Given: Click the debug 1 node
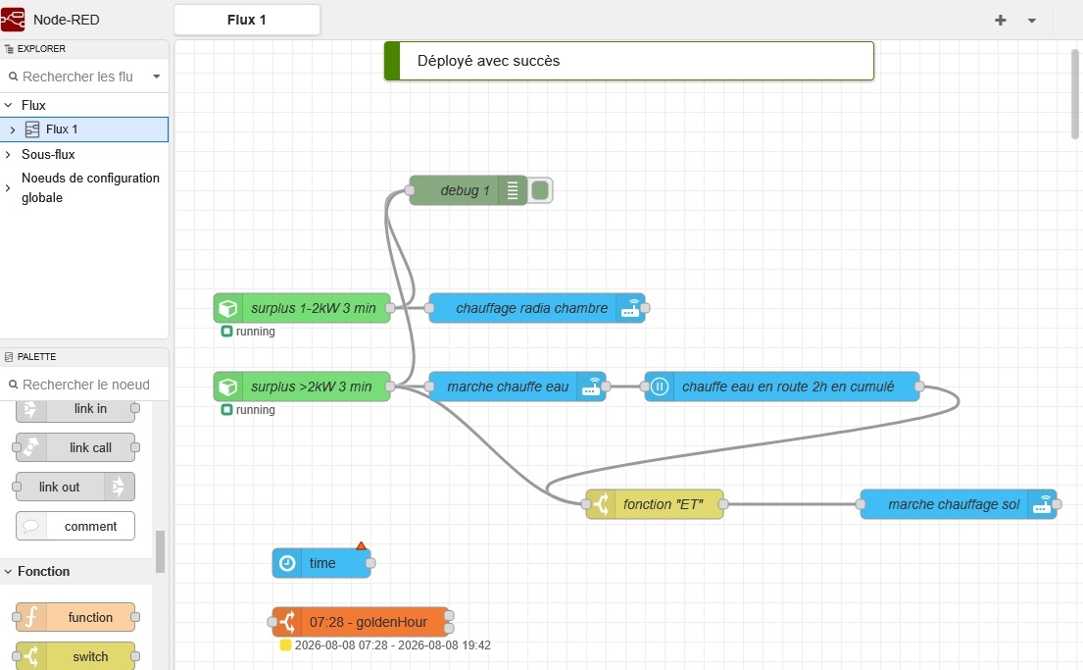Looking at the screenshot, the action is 468,190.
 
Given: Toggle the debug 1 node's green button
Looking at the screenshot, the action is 541,190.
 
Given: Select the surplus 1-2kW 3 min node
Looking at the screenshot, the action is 302,308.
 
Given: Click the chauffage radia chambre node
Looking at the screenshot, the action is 537,308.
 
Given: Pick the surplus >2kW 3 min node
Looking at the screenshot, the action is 302,387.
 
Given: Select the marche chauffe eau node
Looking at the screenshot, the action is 517,387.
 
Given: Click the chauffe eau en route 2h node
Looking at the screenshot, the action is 782,387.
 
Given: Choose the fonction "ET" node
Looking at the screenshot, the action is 654,505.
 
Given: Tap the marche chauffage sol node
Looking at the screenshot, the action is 958,505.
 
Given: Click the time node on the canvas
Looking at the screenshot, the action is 321,563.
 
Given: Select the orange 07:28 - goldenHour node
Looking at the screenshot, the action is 361,622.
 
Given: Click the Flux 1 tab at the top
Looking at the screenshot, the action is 247,20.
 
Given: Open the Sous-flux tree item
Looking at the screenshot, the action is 48,154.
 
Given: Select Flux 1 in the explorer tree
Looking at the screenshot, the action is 62,129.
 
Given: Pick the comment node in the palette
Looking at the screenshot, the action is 75,526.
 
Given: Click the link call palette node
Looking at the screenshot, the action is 75,447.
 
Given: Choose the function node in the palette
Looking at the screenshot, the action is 75,617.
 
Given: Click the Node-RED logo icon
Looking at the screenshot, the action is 13,20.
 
